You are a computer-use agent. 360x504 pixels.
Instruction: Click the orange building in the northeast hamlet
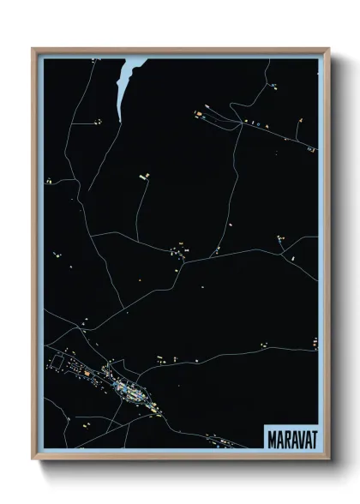(x=198, y=112)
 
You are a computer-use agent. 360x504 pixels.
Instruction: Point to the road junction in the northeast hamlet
(x=238, y=123)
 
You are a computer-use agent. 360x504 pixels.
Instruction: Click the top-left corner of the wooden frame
(x=33, y=49)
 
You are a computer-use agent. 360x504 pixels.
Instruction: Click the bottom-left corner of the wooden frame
(x=33, y=459)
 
